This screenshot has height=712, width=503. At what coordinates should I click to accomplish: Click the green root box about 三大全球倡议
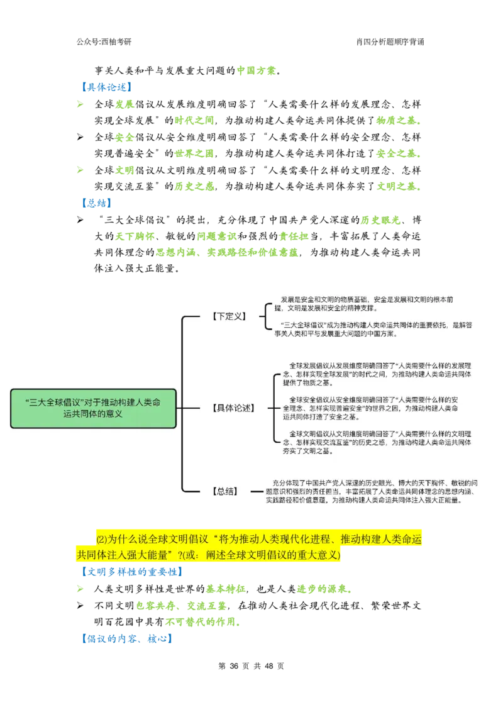click(x=93, y=408)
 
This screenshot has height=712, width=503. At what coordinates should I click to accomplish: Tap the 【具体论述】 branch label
click(x=233, y=408)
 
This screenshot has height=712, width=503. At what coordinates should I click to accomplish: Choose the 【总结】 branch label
click(x=225, y=491)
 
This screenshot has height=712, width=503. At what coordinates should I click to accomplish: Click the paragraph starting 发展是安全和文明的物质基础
click(x=372, y=304)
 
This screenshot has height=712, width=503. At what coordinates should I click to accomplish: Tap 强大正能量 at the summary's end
click(x=443, y=500)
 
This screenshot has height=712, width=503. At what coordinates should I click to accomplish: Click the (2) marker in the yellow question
click(x=101, y=540)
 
